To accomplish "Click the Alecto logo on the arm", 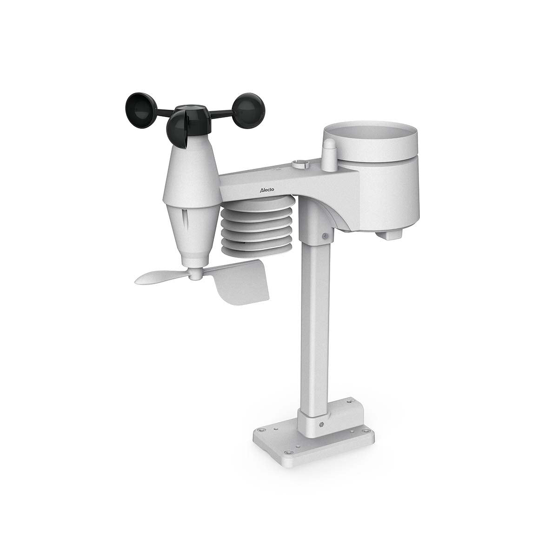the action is click(x=266, y=190).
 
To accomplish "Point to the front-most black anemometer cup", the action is click(x=178, y=130).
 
